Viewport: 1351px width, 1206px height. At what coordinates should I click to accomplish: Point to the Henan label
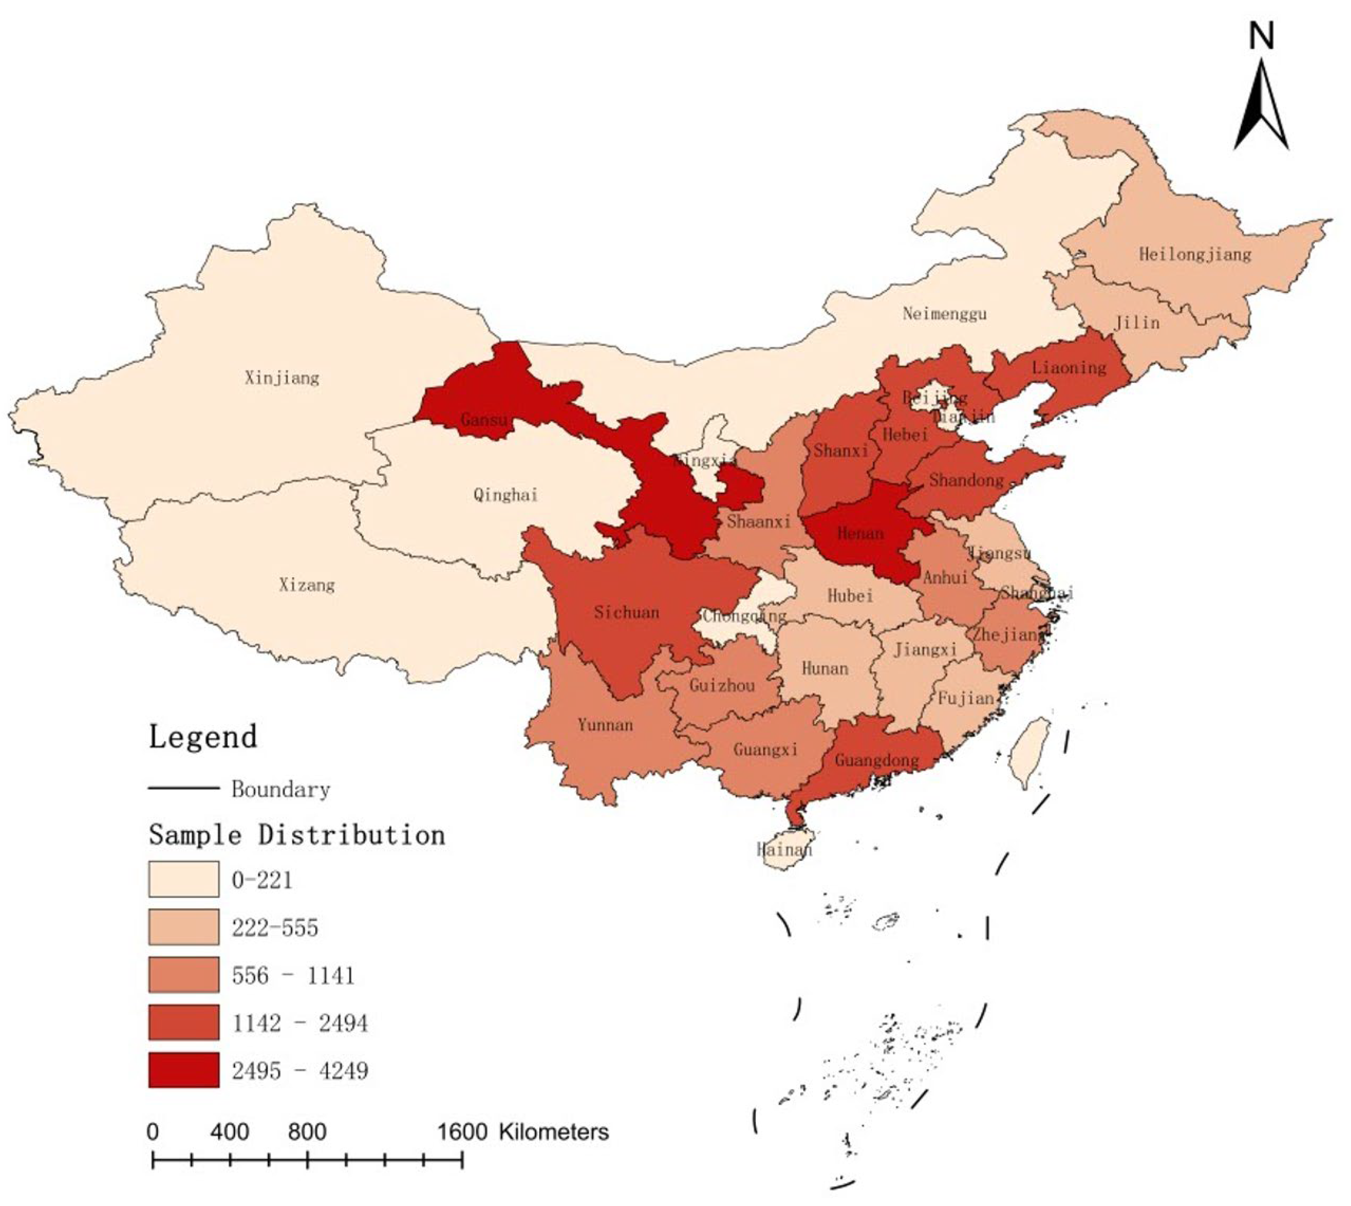click(x=860, y=533)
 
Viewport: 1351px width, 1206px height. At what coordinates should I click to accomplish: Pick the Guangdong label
click(x=876, y=760)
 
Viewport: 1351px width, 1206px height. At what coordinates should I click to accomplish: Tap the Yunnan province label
click(x=605, y=725)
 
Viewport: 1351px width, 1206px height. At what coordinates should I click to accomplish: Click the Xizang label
click(x=306, y=585)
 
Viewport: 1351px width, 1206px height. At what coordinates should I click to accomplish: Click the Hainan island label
click(x=784, y=849)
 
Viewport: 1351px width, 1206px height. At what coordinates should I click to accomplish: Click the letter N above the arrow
click(x=1261, y=36)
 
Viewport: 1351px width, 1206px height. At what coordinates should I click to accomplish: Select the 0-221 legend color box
click(x=184, y=879)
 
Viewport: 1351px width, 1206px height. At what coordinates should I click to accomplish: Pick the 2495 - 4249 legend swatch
click(x=184, y=1070)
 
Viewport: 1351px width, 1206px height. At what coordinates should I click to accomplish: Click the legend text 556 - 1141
click(x=293, y=975)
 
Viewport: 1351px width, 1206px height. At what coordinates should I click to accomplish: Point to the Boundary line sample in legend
click(x=184, y=789)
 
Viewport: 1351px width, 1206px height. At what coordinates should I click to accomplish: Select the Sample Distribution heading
click(x=297, y=835)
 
